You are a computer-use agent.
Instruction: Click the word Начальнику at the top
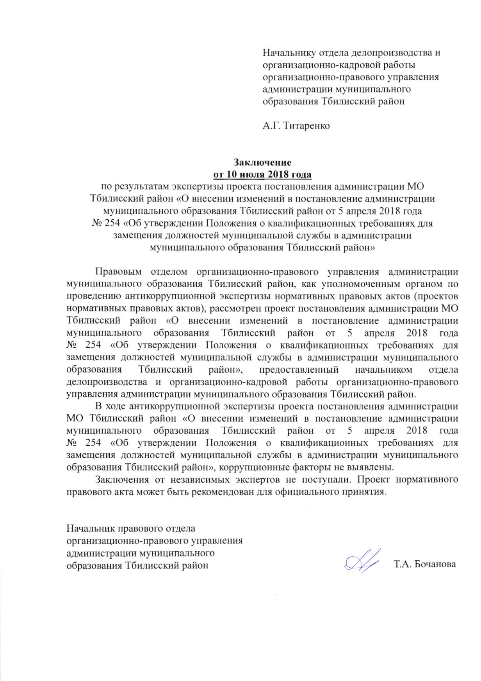[289, 52]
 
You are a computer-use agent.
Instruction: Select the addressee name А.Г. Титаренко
[296, 126]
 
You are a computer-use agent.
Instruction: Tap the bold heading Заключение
[262, 161]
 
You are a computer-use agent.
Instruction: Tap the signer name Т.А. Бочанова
[425, 565]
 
